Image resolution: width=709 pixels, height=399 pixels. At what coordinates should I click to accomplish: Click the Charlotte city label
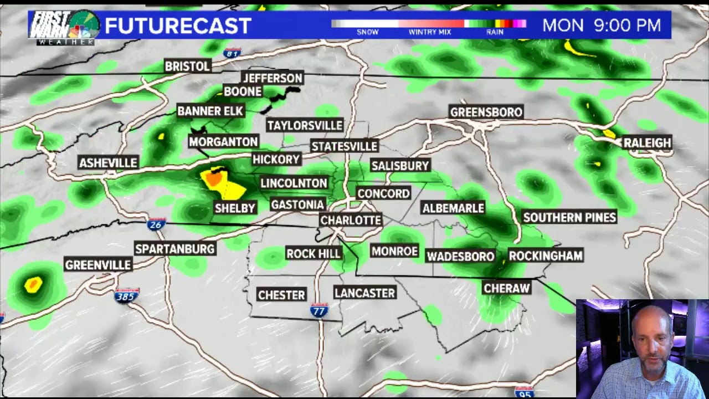pos(351,220)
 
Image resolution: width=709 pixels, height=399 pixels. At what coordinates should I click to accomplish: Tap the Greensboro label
pos(486,112)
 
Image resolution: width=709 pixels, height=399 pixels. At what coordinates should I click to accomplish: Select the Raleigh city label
pos(647,143)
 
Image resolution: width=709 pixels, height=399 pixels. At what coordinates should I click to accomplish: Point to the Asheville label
pos(108,163)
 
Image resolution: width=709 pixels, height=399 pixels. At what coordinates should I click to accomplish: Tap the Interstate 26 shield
pos(156,224)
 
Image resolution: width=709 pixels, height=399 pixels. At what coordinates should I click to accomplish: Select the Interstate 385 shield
pos(127,295)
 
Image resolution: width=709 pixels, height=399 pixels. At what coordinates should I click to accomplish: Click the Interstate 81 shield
pos(232,53)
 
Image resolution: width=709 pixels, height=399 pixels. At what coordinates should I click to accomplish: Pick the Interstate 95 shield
pos(523,391)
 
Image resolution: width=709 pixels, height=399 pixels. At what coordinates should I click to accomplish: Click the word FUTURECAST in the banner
pos(178,25)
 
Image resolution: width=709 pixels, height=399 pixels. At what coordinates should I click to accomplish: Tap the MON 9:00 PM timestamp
pos(602,25)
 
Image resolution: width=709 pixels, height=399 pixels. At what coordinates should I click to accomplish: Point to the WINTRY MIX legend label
pos(429,32)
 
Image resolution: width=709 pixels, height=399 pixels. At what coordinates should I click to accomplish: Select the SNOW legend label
pos(367,32)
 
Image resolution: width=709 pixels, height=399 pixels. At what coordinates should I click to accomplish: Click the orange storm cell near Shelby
pos(213,179)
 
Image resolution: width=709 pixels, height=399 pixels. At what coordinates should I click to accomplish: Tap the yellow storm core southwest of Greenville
pos(34,285)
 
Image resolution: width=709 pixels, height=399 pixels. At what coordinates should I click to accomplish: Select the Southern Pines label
pos(569,217)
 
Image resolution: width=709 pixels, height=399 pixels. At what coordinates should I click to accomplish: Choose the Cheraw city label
pos(507,288)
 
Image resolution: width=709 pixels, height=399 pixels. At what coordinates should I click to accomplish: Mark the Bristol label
pos(188,66)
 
